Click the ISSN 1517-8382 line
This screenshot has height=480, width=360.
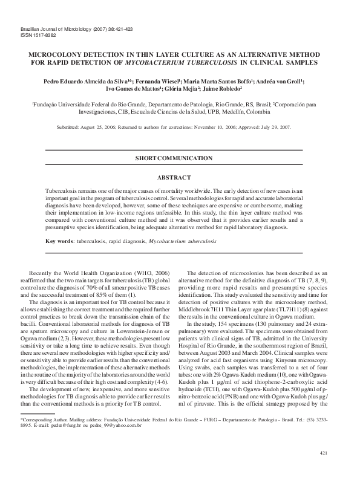pyautogui.click(x=34, y=35)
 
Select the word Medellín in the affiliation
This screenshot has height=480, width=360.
pyautogui.click(x=241, y=112)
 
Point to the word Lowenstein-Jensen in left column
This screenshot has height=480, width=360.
pyautogui.click(x=137, y=332)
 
